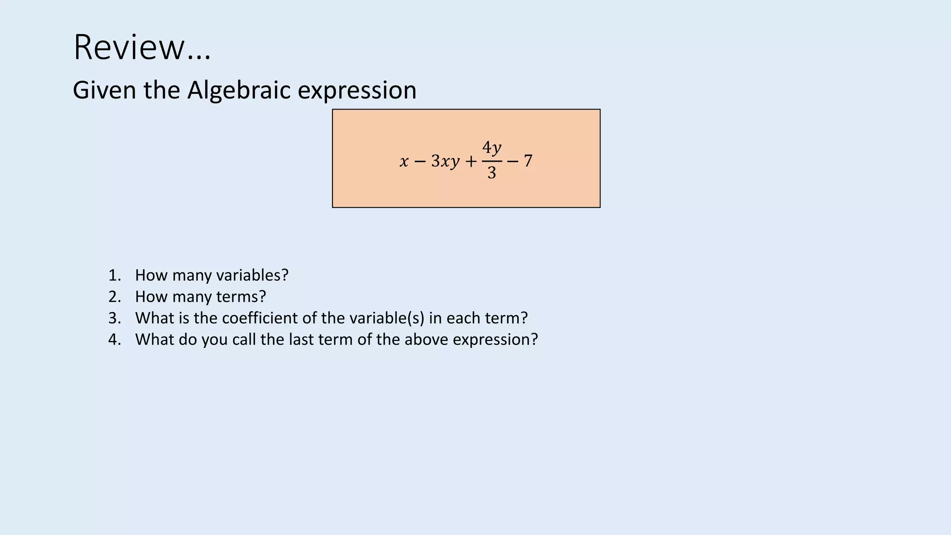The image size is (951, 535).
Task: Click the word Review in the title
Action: [x=129, y=47]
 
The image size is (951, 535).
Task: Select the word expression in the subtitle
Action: [x=357, y=90]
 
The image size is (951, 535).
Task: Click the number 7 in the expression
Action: [x=528, y=161]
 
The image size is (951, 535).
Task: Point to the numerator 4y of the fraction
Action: [x=492, y=148]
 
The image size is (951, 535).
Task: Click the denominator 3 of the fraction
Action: [x=492, y=173]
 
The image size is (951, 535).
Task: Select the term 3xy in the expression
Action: [x=445, y=162]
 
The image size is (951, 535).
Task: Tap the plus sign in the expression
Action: [x=471, y=162]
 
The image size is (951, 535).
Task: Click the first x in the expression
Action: [x=404, y=162]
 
